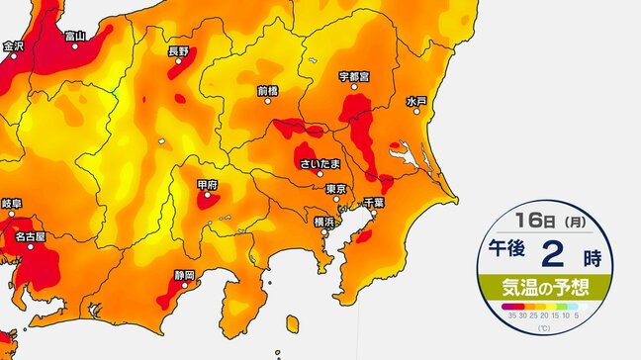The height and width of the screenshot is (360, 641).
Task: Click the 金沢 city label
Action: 13,45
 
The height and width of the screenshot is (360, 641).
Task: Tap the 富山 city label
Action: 74,37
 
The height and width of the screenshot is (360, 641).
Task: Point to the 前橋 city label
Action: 267,90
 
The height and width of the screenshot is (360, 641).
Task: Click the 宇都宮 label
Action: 354,75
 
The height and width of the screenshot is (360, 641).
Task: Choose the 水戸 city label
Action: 415,101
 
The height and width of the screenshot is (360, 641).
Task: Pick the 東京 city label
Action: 334,188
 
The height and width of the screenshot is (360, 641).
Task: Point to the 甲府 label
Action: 207,184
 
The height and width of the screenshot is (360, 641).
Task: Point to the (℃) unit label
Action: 543,327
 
